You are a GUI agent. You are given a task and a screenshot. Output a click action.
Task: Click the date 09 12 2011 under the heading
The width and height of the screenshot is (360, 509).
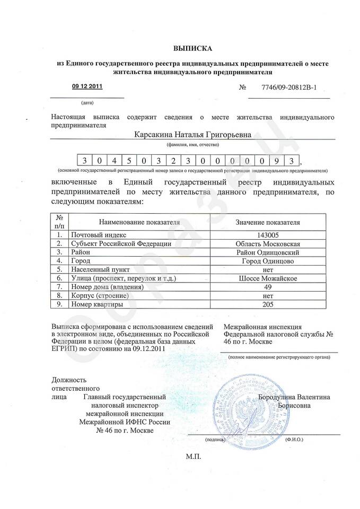click(x=87, y=86)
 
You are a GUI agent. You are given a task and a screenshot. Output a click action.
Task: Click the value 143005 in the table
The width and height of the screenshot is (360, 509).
click(x=267, y=234)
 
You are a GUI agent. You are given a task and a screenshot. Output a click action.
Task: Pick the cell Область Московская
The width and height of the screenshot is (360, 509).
click(x=267, y=243)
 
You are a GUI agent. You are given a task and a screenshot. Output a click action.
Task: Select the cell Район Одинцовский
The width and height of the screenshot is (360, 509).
click(x=267, y=252)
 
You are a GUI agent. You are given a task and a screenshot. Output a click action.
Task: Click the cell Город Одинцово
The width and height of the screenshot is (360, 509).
click(x=267, y=261)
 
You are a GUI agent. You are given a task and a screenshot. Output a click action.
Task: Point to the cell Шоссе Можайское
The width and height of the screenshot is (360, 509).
click(x=267, y=278)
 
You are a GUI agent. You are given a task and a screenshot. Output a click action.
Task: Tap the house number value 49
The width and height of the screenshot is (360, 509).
click(x=267, y=287)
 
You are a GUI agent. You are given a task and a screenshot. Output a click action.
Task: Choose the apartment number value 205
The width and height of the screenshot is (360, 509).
click(x=267, y=304)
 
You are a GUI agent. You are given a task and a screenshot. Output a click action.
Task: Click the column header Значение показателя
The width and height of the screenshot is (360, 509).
click(x=267, y=222)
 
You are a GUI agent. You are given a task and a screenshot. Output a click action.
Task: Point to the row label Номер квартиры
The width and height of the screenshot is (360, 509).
click(x=98, y=304)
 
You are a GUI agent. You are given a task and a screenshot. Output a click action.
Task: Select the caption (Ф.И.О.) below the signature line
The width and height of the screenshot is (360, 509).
click(x=294, y=440)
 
